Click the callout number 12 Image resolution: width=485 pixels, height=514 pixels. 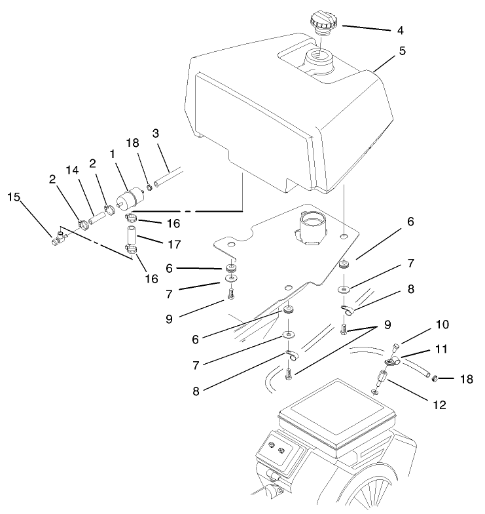(439, 405)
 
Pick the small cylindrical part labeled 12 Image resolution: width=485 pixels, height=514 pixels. (381, 379)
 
